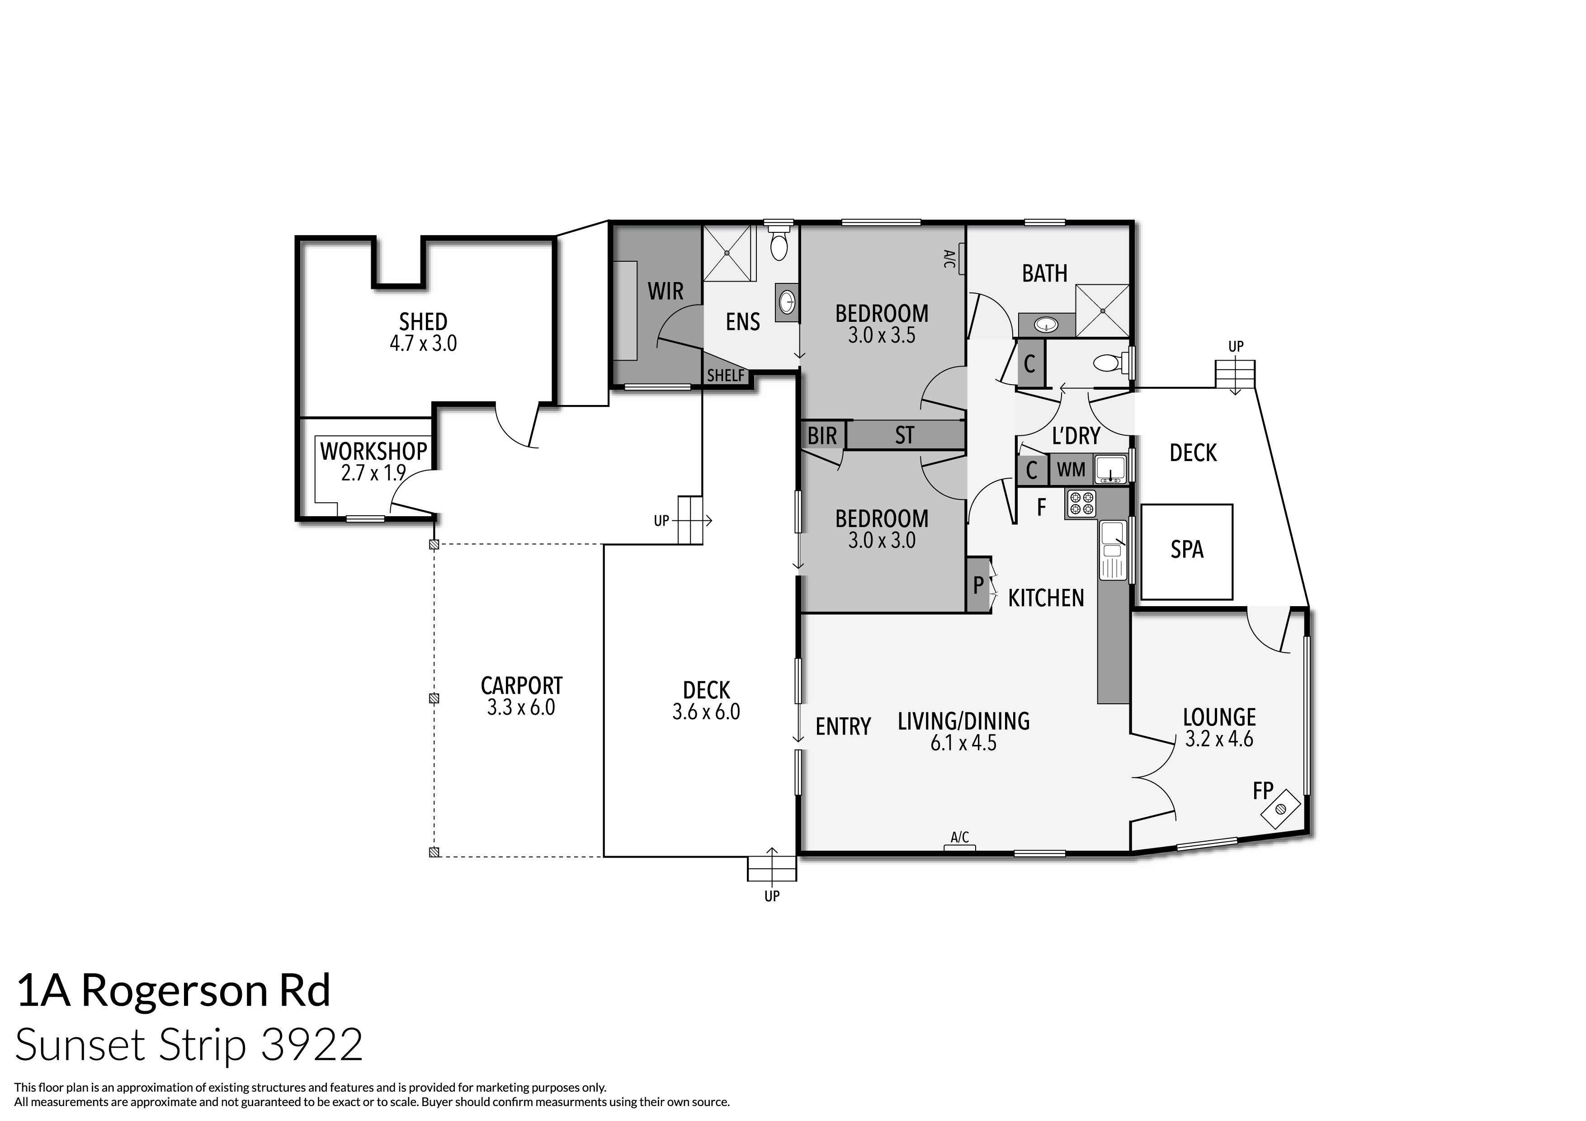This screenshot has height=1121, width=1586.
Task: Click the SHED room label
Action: [x=423, y=322]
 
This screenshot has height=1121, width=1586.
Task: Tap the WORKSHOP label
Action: [x=373, y=452]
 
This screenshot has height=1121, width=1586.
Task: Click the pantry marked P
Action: [x=978, y=585]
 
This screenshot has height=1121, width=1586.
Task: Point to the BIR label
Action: [x=822, y=436]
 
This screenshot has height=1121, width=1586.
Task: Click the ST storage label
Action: [x=904, y=435]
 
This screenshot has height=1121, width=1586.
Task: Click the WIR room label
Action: [x=665, y=292]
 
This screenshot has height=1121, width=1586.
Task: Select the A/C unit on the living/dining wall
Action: [x=959, y=846]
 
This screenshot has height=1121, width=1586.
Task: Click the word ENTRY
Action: [x=843, y=726]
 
